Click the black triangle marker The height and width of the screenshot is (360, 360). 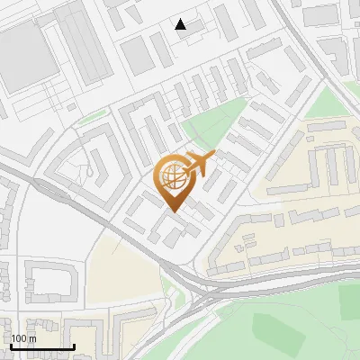point(181,24)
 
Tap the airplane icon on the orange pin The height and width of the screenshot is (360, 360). point(200,164)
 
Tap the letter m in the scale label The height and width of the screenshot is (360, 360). point(31,338)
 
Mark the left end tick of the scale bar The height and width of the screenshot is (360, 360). point(12,346)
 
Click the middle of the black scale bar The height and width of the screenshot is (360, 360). point(42,347)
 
